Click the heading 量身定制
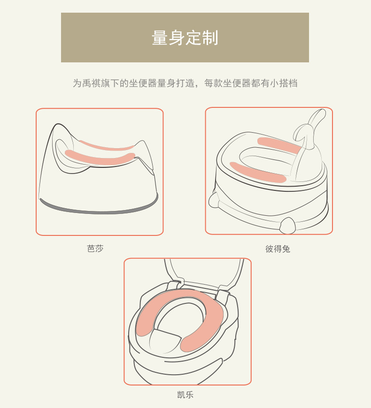[185, 38]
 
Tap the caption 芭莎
[95, 249]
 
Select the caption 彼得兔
[278, 249]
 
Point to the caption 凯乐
[185, 394]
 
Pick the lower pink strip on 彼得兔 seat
[258, 172]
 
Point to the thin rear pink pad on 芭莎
[107, 147]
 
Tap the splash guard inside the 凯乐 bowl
[166, 341]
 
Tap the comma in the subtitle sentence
[199, 86]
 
